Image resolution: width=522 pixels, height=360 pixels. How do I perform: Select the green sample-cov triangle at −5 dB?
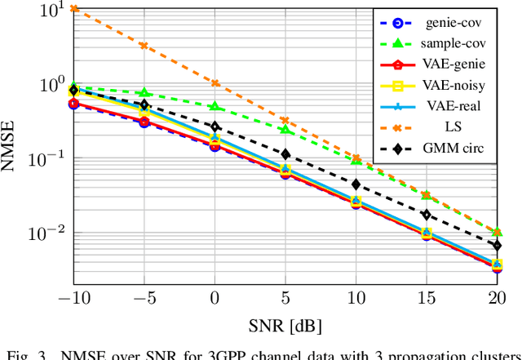point(144,93)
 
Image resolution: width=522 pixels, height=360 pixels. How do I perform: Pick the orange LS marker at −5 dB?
point(144,46)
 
